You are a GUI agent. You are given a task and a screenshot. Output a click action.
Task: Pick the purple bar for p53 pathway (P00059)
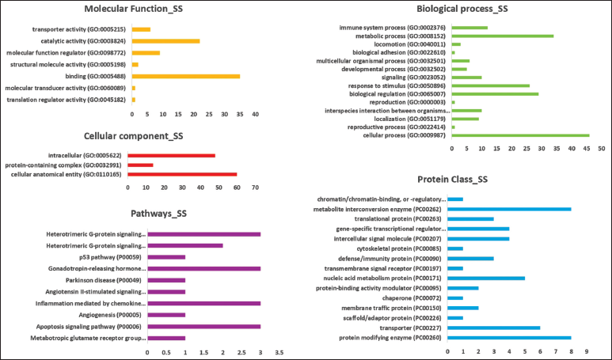pyautogui.click(x=166, y=257)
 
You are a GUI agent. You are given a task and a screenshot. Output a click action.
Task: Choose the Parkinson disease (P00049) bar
pyautogui.click(x=166, y=280)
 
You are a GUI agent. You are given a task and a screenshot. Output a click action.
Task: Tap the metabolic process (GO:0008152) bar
pyautogui.click(x=502, y=36)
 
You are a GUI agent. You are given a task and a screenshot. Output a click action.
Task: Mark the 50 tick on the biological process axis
pyautogui.click(x=601, y=149)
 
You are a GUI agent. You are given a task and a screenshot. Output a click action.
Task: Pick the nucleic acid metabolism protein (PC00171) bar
pyautogui.click(x=486, y=279)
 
